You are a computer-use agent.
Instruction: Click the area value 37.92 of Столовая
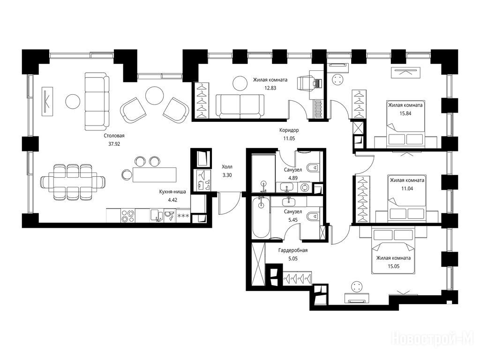114,144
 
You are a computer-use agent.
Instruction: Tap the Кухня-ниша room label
172,192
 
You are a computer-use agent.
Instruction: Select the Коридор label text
289,130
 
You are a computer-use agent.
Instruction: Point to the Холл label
227,167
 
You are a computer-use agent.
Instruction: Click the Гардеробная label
293,250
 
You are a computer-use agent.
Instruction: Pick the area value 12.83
270,88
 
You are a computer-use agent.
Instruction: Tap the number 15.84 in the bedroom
405,113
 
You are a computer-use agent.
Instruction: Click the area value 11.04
407,188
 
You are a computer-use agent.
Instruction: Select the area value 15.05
393,266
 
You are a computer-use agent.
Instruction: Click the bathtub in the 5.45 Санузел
261,217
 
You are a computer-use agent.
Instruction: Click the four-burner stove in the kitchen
127,215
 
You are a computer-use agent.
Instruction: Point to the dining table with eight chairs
73,182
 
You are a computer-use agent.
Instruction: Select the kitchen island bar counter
155,174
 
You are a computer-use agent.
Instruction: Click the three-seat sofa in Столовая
97,101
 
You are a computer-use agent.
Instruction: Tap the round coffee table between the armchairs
155,96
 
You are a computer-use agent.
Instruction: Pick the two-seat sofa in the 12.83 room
240,106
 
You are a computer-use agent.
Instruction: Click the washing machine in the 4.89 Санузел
305,187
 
